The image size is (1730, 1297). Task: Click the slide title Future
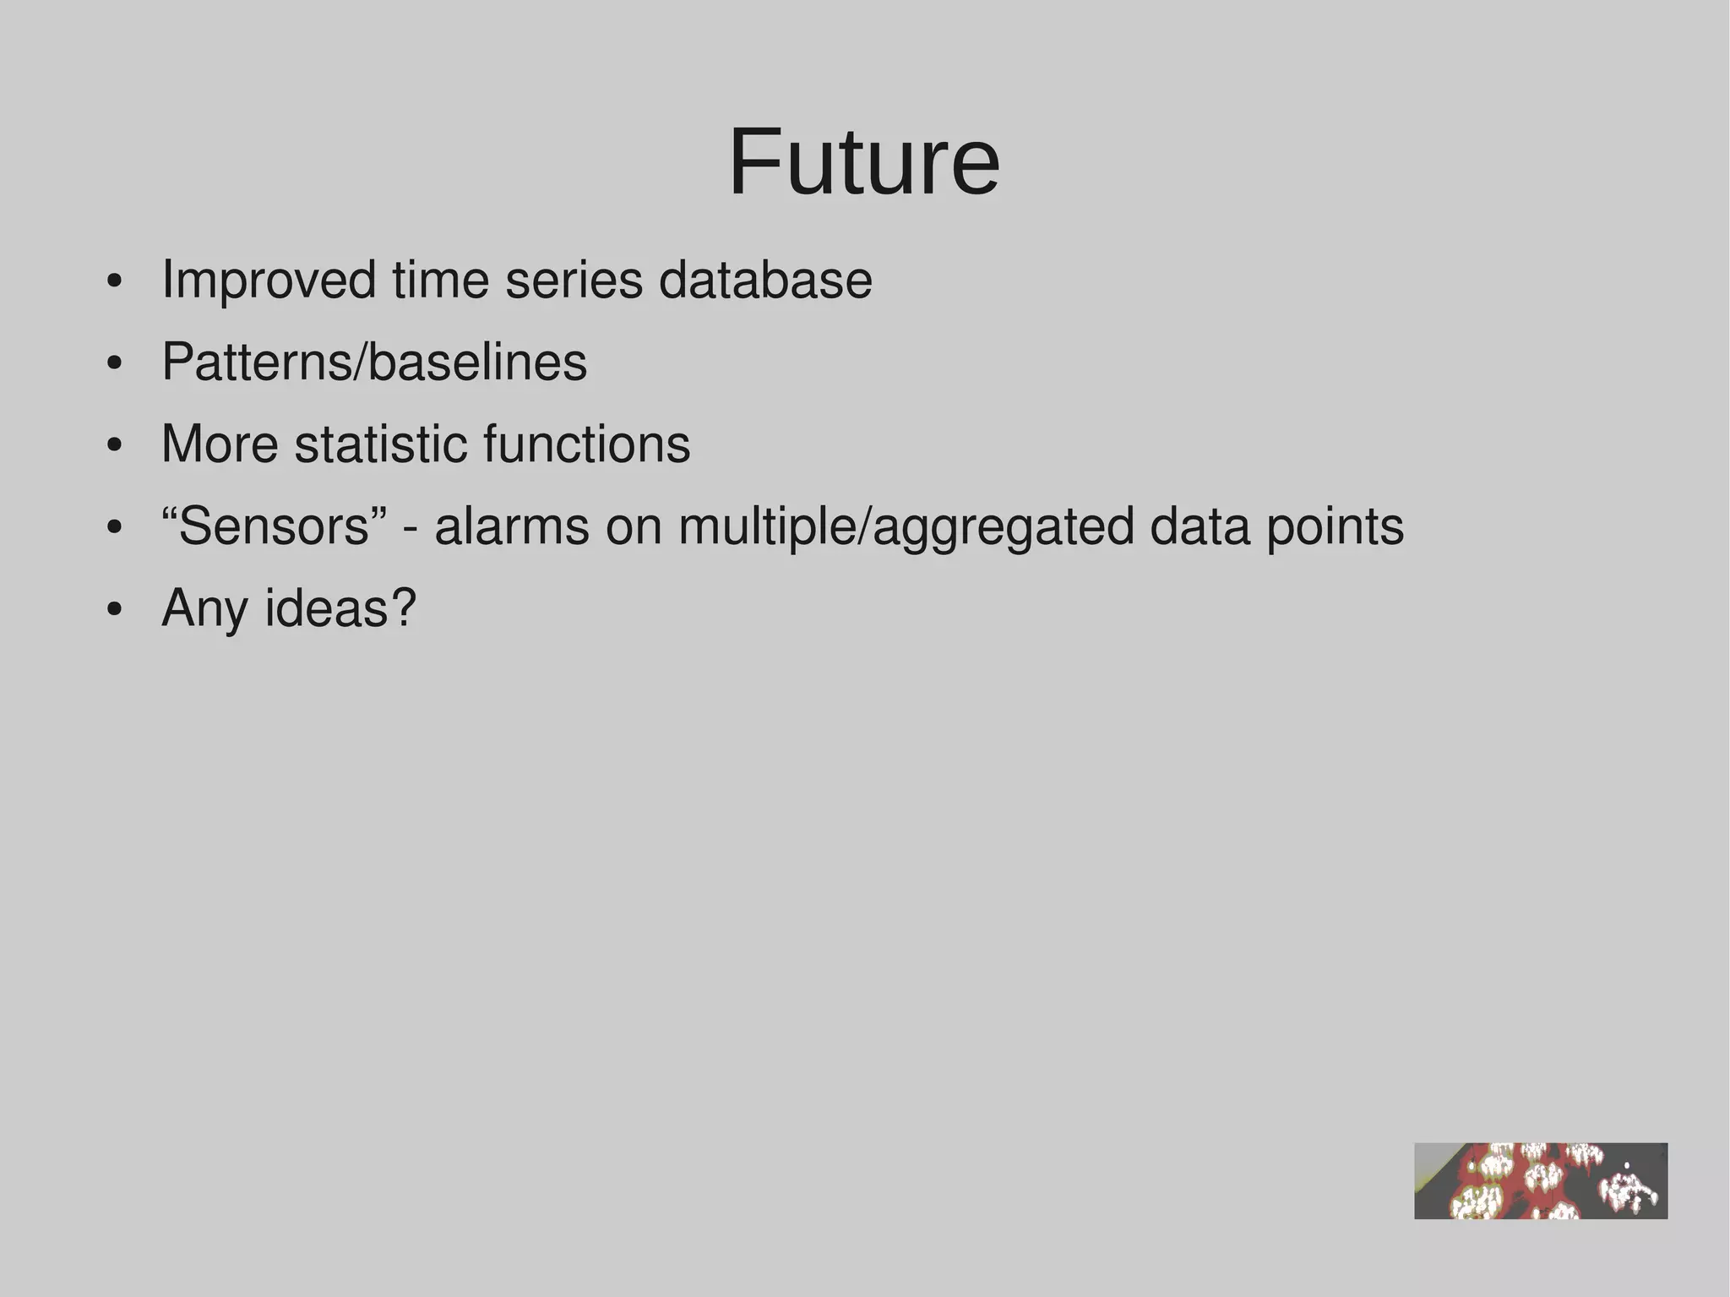[864, 161]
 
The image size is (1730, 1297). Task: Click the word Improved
[269, 281]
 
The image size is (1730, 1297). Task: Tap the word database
[765, 281]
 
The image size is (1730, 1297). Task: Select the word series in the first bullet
[574, 281]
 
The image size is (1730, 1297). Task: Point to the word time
[440, 281]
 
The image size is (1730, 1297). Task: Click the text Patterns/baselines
[374, 362]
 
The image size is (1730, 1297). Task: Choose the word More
[220, 444]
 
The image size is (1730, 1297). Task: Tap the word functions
[586, 444]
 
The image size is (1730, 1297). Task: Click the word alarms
[512, 526]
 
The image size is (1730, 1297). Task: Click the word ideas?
[340, 608]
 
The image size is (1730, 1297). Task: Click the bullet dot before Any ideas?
[115, 610]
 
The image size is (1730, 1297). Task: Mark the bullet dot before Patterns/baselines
[115, 364]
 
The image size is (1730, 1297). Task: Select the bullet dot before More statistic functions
[115, 446]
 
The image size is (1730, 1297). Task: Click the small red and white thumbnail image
[1541, 1180]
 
